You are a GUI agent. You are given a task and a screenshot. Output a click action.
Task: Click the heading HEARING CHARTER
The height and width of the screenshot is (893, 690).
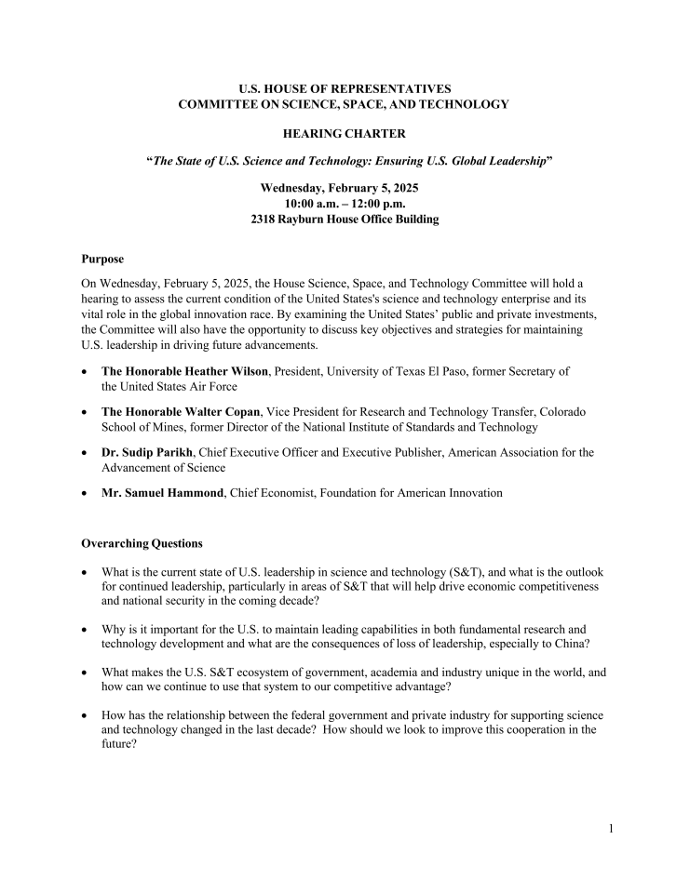344,135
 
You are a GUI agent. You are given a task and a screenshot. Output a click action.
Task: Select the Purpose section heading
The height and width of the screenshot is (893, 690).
102,259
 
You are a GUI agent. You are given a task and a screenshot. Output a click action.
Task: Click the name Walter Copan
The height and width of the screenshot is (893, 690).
222,411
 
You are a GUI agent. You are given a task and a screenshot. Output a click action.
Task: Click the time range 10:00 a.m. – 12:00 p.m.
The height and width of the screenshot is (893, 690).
345,204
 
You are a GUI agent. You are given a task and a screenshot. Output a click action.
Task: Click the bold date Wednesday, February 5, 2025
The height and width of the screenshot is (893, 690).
345,188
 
